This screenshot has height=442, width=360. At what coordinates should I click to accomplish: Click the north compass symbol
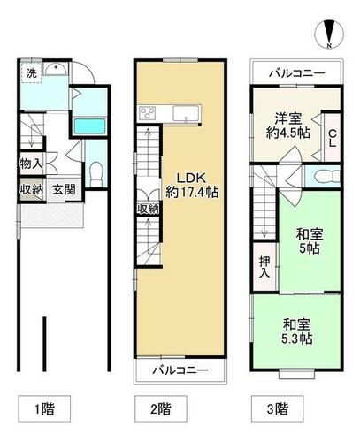tap(329, 34)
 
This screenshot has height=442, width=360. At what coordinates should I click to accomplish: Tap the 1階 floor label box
tap(45, 408)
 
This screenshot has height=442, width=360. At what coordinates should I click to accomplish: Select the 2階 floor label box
tap(161, 408)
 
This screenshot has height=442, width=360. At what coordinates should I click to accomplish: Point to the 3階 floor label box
tap(277, 408)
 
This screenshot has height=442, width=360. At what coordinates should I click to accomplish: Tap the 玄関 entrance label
tap(64, 189)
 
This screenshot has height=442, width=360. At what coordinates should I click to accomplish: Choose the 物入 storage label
tap(31, 164)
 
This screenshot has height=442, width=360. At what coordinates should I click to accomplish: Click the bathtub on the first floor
tap(89, 126)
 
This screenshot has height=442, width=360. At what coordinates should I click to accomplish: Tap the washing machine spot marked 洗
tap(32, 72)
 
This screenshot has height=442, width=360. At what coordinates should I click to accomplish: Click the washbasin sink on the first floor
tap(56, 69)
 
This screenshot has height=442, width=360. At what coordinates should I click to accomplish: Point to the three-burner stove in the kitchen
tap(148, 113)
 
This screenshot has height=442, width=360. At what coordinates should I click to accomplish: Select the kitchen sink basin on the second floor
tap(186, 113)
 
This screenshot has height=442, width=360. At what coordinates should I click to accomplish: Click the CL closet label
tap(333, 138)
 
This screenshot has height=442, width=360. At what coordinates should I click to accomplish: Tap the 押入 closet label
tap(264, 268)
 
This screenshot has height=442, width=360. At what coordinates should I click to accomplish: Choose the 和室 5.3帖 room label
tap(297, 331)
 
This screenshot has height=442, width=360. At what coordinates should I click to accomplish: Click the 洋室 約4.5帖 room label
tap(288, 126)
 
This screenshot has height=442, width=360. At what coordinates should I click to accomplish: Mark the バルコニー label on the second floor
tap(180, 370)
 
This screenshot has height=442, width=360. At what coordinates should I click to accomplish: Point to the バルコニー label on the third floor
tap(296, 72)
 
